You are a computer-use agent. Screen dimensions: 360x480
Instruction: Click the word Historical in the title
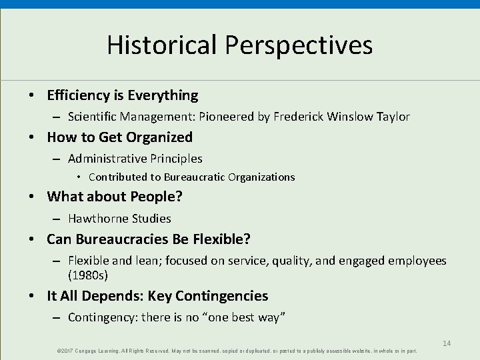pos(162,45)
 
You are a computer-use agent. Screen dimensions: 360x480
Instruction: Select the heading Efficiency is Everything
pos(122,95)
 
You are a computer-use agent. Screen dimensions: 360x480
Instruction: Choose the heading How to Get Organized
pos(119,137)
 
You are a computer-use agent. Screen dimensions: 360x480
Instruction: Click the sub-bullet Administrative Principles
pos(135,159)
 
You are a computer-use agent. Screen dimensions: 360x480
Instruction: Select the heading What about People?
pos(115,197)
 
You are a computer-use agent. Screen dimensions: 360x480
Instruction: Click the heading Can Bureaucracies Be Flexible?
pos(149,239)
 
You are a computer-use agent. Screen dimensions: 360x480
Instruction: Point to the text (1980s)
pos(87,274)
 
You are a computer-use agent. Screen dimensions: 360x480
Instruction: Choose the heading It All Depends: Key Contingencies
pos(157,296)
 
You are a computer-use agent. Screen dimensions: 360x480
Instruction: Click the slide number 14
pos(447,343)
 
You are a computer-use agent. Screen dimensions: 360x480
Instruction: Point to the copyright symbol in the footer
pos(59,351)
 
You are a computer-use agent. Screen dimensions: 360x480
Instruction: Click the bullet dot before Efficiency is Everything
pos(32,96)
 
